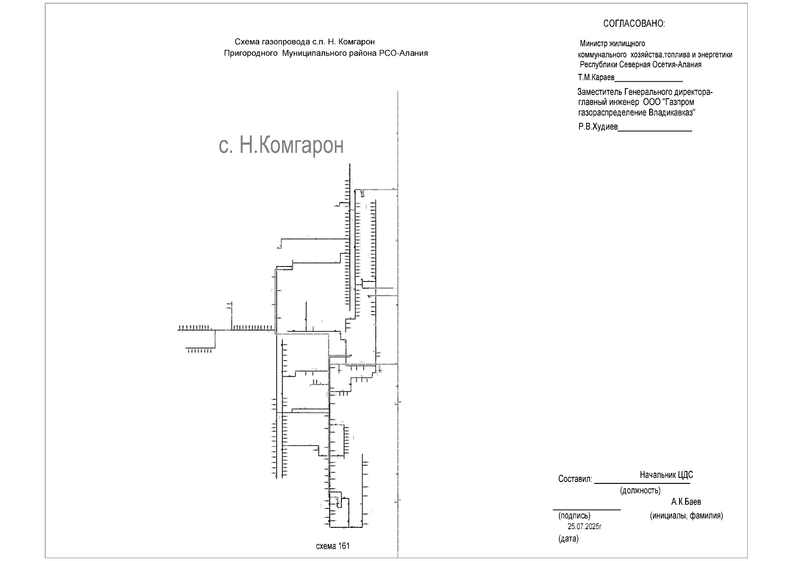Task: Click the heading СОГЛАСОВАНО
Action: pyautogui.click(x=634, y=24)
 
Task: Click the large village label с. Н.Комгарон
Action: pyautogui.click(x=281, y=145)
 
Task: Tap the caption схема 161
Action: pyautogui.click(x=333, y=546)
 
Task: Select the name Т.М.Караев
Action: pyautogui.click(x=596, y=77)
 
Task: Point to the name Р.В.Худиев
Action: pyautogui.click(x=598, y=127)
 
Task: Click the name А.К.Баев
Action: pyautogui.click(x=686, y=502)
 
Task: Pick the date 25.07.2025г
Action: pyautogui.click(x=585, y=526)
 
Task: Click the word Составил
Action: pyautogui.click(x=575, y=479)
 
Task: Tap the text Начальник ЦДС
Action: pyautogui.click(x=666, y=475)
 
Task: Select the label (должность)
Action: pyautogui.click(x=640, y=490)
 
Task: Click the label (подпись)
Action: pyautogui.click(x=574, y=515)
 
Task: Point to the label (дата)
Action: pyautogui.click(x=568, y=539)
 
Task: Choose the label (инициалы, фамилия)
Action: pyautogui.click(x=686, y=515)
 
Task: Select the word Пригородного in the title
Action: pyautogui.click(x=251, y=53)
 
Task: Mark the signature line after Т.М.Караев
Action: pyautogui.click(x=649, y=81)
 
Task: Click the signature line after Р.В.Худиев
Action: pyautogui.click(x=655, y=131)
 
